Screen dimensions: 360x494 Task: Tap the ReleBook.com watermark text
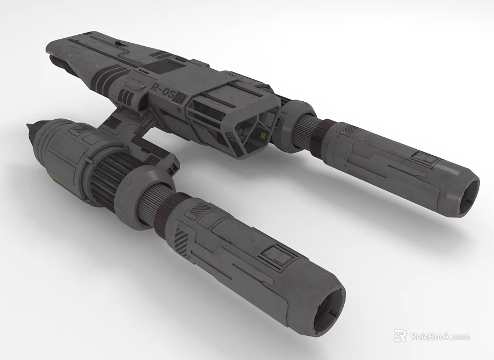439,336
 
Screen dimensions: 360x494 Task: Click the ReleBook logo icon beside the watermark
400,336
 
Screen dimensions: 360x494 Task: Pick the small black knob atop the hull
117,43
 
